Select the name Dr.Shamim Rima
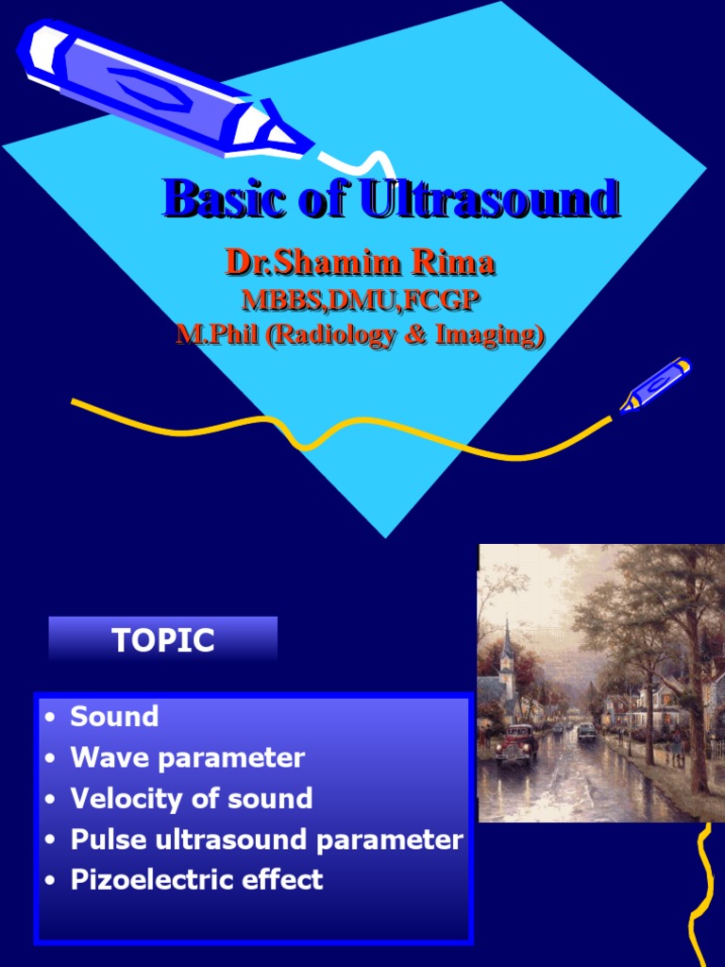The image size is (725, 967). [x=360, y=263]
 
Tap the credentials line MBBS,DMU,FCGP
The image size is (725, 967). [x=361, y=300]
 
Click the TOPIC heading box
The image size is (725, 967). [x=163, y=640]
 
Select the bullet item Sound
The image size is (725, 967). [x=114, y=717]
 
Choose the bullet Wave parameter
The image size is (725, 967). [x=187, y=757]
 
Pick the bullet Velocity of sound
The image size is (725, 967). [x=191, y=798]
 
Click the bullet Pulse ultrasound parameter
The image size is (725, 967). [x=266, y=840]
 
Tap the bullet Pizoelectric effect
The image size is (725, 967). [x=196, y=880]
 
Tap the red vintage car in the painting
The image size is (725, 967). [x=517, y=741]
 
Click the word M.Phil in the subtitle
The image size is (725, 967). [x=218, y=335]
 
